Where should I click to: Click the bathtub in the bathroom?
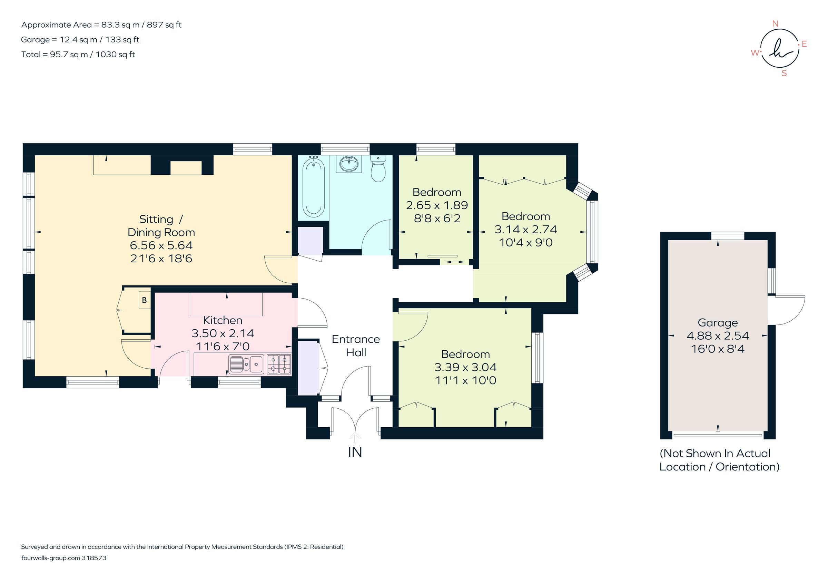click(x=313, y=187)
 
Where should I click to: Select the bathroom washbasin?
click(x=349, y=164)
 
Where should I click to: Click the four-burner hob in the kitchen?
click(x=279, y=364)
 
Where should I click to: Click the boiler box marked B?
click(x=144, y=300)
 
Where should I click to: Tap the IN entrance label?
click(x=355, y=453)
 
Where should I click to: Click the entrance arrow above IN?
click(x=355, y=437)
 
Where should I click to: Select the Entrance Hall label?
click(x=356, y=346)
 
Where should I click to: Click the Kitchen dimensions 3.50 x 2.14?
click(x=223, y=333)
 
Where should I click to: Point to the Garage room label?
click(x=718, y=322)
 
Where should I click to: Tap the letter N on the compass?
click(x=775, y=24)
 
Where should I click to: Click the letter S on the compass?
click(x=783, y=73)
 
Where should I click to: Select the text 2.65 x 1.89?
click(x=437, y=205)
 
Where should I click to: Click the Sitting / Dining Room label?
click(x=161, y=226)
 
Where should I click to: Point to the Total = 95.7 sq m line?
click(x=78, y=55)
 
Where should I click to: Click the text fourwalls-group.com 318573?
click(x=64, y=558)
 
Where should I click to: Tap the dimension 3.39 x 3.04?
click(x=465, y=367)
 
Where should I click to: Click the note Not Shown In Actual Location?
click(x=719, y=460)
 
